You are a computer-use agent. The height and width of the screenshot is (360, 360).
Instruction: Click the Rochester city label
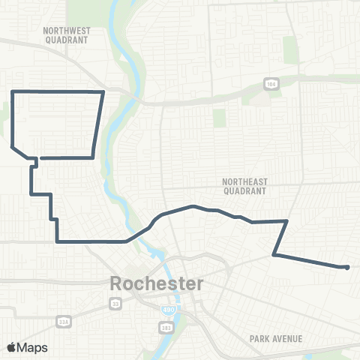click(x=156, y=284)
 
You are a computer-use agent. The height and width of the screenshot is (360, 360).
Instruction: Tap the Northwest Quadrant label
click(x=67, y=36)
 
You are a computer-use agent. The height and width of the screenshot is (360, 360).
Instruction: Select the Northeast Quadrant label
click(x=245, y=186)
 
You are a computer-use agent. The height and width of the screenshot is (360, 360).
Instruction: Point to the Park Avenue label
click(x=277, y=339)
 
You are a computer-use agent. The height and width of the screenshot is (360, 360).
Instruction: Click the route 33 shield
click(x=115, y=303)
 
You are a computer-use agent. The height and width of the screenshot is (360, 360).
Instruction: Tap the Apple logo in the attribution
click(x=11, y=347)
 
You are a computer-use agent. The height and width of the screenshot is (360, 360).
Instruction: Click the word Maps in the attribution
click(x=32, y=347)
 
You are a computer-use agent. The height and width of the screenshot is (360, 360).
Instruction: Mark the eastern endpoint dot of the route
click(x=346, y=267)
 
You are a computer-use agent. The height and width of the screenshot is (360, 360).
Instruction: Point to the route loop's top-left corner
click(x=13, y=91)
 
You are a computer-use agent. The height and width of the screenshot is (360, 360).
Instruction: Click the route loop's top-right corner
click(x=103, y=91)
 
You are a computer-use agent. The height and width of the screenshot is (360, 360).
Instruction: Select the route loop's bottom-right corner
click(x=92, y=157)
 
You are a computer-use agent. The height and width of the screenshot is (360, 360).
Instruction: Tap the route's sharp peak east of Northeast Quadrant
click(x=287, y=220)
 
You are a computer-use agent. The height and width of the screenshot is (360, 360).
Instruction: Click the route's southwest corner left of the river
click(x=57, y=241)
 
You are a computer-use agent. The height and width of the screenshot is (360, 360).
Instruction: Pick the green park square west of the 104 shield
click(x=219, y=118)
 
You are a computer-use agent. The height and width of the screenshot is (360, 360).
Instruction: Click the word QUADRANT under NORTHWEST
click(x=67, y=41)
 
